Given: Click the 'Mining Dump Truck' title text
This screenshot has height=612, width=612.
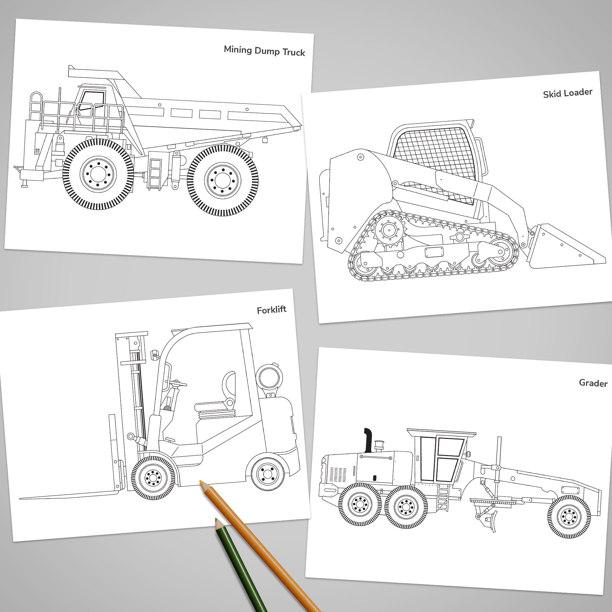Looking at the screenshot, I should tap(264, 51).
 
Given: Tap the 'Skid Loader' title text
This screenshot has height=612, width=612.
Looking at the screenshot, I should tap(567, 93).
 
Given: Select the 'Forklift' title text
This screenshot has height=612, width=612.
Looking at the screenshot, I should tap(271, 310).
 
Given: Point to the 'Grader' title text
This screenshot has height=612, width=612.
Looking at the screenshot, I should tap(593, 383).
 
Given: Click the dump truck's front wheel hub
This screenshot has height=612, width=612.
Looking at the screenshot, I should tap(98, 174).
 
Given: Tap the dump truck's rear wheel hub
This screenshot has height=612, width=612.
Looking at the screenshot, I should tap(223, 181).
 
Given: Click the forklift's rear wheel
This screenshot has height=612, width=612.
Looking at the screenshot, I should tap(268, 474).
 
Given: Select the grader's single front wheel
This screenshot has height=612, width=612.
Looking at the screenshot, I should tap(569, 517).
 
